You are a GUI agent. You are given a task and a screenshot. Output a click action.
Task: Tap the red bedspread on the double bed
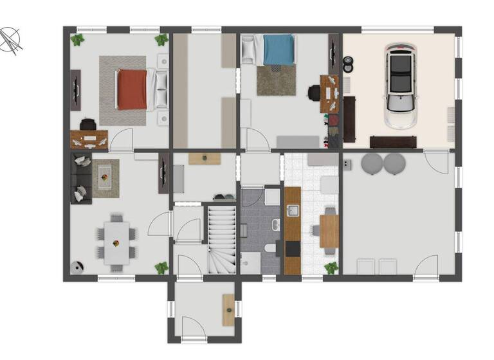click(132, 89)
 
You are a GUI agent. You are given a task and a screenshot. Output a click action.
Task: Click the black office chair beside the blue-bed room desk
click(314, 93)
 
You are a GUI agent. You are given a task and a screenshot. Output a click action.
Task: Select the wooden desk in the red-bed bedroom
click(89, 138)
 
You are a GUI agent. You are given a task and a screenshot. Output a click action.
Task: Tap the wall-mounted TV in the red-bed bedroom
click(76, 90)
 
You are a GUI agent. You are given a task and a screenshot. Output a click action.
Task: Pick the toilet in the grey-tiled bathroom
click(271, 248)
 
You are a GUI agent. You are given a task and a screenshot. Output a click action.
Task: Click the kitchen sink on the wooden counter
click(292, 210)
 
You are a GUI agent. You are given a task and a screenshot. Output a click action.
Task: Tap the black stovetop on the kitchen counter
click(292, 248)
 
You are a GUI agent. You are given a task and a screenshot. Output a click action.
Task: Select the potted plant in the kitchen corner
click(331, 267)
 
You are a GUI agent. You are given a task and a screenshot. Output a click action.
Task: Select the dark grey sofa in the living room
click(80, 179)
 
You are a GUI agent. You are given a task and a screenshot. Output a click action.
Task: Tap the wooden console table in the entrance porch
click(228, 309)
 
